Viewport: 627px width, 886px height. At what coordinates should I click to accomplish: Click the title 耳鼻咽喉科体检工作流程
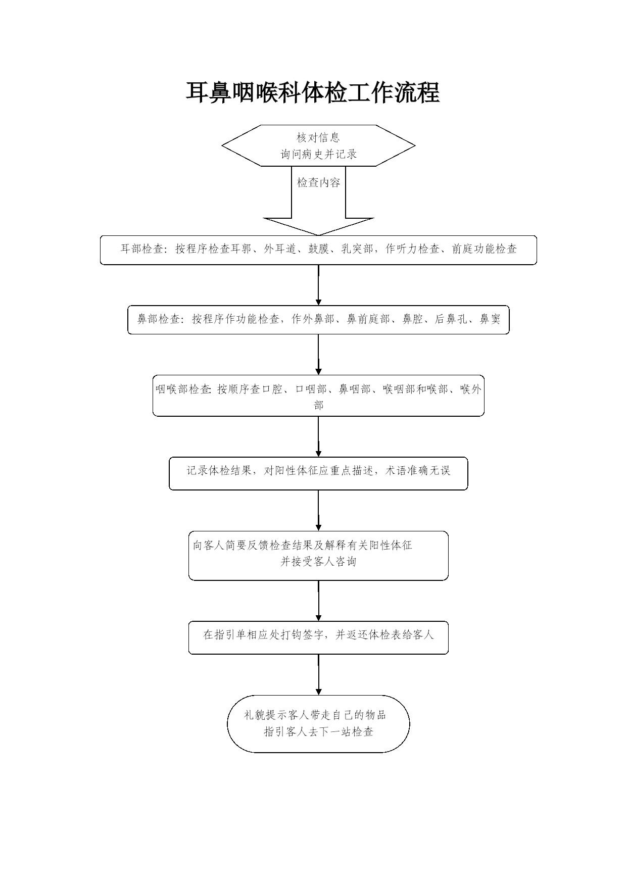(313, 92)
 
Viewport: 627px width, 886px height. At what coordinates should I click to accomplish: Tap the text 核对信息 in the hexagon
(318, 137)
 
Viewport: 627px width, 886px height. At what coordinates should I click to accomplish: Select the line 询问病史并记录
(319, 154)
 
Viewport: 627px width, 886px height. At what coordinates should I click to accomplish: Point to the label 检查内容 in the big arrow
(319, 182)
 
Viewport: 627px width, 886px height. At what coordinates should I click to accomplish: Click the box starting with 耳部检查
(318, 250)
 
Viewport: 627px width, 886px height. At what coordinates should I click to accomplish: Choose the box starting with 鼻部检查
(318, 320)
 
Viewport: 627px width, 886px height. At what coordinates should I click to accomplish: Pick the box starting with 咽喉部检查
(318, 396)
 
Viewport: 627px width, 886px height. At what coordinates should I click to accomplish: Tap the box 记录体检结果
(318, 473)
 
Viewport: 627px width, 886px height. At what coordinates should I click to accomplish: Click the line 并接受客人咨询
(318, 561)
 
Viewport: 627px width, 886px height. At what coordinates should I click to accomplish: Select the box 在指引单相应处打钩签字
(318, 637)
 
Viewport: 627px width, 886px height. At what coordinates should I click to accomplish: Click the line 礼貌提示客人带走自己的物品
(315, 715)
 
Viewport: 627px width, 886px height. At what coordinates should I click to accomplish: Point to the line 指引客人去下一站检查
(318, 731)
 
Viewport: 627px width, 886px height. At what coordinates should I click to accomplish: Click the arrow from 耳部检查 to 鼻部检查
(318, 285)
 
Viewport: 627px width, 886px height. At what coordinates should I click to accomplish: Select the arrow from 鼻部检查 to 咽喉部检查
(318, 355)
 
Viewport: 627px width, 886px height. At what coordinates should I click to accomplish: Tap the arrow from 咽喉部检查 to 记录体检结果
(318, 436)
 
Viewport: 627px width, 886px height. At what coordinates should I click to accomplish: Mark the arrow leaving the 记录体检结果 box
(318, 510)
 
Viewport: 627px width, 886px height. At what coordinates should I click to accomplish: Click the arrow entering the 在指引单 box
(318, 601)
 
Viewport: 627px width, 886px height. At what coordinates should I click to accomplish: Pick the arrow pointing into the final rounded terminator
(318, 674)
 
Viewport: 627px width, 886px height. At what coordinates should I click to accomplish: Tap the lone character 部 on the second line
(318, 405)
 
